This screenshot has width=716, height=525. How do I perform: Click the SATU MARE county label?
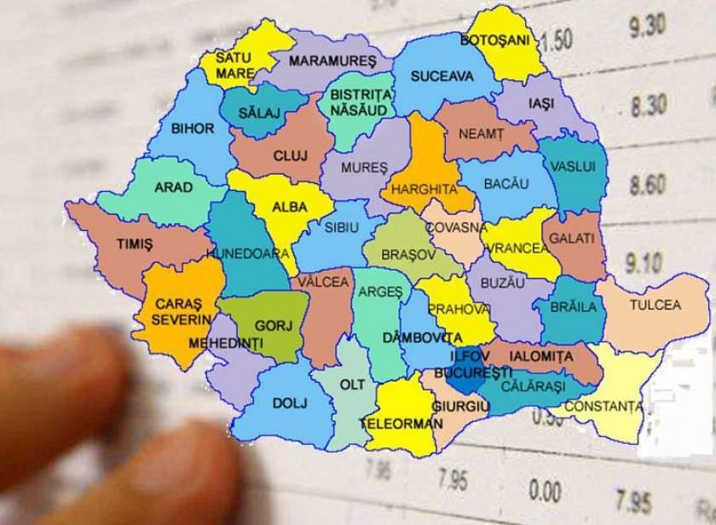pyautogui.click(x=228, y=66)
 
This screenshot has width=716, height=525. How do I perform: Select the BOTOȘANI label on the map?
pyautogui.click(x=494, y=40)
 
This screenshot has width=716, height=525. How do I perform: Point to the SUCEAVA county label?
pyautogui.click(x=442, y=77)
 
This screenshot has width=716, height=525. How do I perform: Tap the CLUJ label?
pyautogui.click(x=289, y=156)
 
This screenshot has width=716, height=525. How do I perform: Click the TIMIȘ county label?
pyautogui.click(x=135, y=244)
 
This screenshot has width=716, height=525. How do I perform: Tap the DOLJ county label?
pyautogui.click(x=290, y=401)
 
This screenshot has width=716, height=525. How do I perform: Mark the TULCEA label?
pyautogui.click(x=655, y=304)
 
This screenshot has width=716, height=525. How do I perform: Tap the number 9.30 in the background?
pyautogui.click(x=648, y=29)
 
